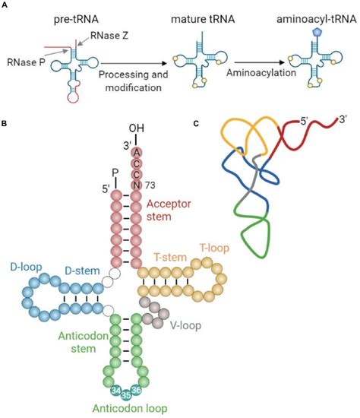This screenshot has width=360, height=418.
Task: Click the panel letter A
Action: (6, 5)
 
